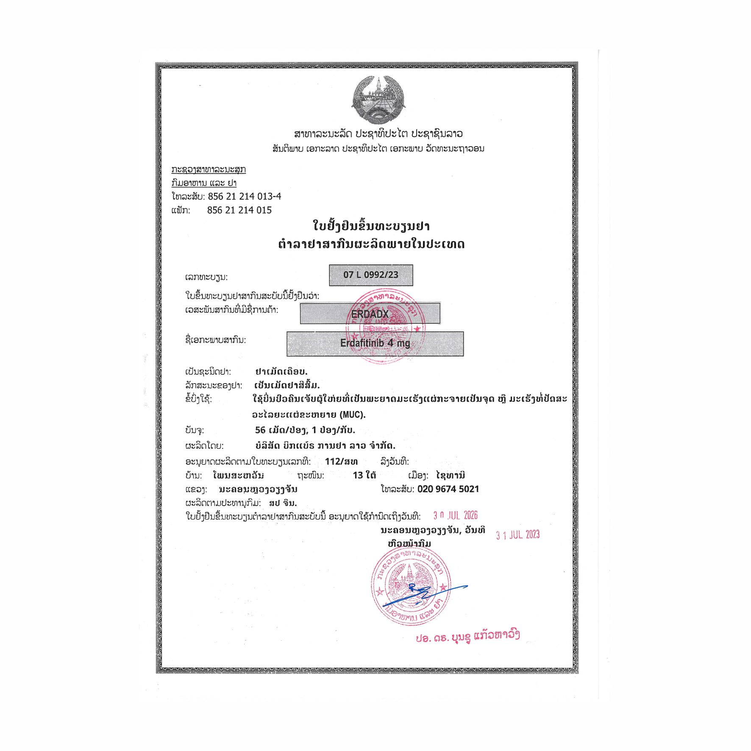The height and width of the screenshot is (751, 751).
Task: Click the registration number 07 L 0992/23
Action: [371, 275]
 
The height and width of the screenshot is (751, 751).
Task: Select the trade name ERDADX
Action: [370, 314]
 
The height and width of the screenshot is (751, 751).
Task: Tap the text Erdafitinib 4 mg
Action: [375, 343]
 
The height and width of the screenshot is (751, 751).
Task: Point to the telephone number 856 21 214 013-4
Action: [244, 196]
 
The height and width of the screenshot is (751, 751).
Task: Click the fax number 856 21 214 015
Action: [239, 210]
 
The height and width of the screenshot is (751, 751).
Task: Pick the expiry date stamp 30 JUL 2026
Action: [455, 515]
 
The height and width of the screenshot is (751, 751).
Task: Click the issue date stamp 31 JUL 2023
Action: [518, 535]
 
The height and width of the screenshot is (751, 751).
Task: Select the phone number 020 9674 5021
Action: [448, 489]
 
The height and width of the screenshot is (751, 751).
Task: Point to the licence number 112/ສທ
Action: [341, 461]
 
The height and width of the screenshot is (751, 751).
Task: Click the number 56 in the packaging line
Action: [260, 430]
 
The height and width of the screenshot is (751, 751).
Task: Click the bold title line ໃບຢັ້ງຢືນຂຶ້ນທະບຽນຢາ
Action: [371, 226]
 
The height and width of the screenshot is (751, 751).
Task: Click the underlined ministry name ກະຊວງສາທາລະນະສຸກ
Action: [209, 170]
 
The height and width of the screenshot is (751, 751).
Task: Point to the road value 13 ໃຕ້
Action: [364, 475]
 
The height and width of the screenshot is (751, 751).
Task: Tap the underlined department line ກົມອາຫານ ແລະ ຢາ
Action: [204, 183]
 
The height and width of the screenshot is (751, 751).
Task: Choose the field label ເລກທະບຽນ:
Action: [206, 277]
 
